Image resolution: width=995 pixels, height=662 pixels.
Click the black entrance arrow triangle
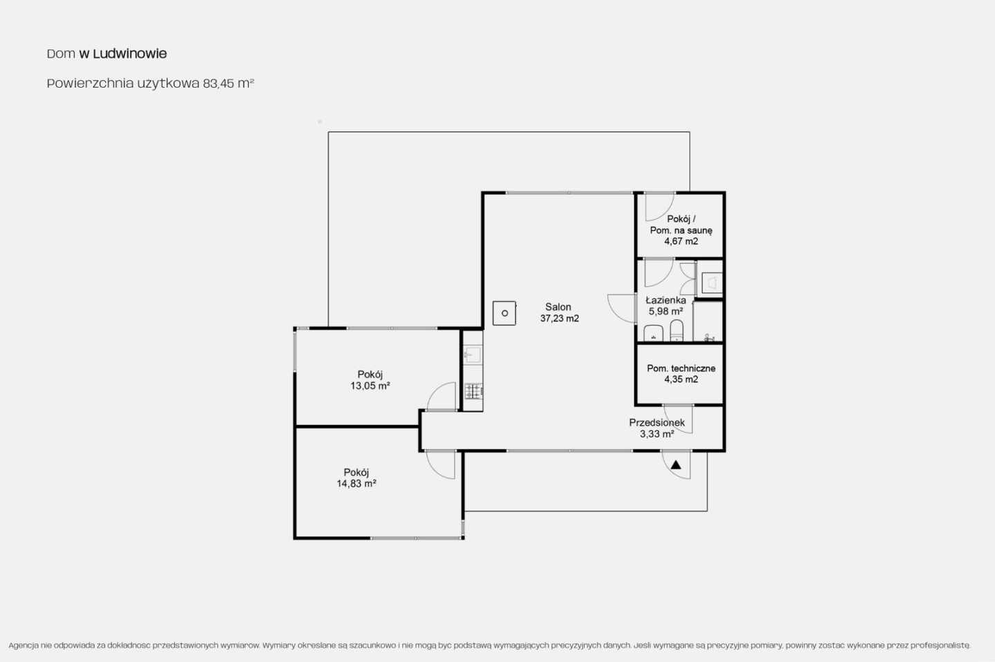pos(676,465)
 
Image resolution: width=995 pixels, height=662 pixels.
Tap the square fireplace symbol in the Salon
pos(504,313)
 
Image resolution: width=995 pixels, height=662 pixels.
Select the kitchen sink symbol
pos(473,355)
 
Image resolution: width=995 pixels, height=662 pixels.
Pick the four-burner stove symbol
pos(473,391)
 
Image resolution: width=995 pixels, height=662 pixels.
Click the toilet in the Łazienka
pos(676,330)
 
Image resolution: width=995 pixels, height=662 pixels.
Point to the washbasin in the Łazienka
pos(654,333)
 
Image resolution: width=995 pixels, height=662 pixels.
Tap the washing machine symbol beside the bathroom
pos(712,283)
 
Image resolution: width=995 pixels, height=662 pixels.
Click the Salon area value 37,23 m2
pos(559,318)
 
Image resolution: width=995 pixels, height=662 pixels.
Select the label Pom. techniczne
pos(681,368)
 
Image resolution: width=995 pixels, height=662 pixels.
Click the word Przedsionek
pos(656,422)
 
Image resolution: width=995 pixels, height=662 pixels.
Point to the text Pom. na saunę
pos(681,230)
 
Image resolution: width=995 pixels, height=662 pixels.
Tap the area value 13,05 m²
pos(370,386)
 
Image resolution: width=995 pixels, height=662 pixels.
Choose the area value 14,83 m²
pos(357,484)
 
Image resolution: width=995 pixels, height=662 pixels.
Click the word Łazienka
pos(665,301)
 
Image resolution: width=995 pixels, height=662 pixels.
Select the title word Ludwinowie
pos(130,53)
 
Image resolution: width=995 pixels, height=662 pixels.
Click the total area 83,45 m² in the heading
pos(228,83)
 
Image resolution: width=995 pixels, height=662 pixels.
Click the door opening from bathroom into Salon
pos(616,313)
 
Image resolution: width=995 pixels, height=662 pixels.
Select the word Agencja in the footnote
pos(23,645)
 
